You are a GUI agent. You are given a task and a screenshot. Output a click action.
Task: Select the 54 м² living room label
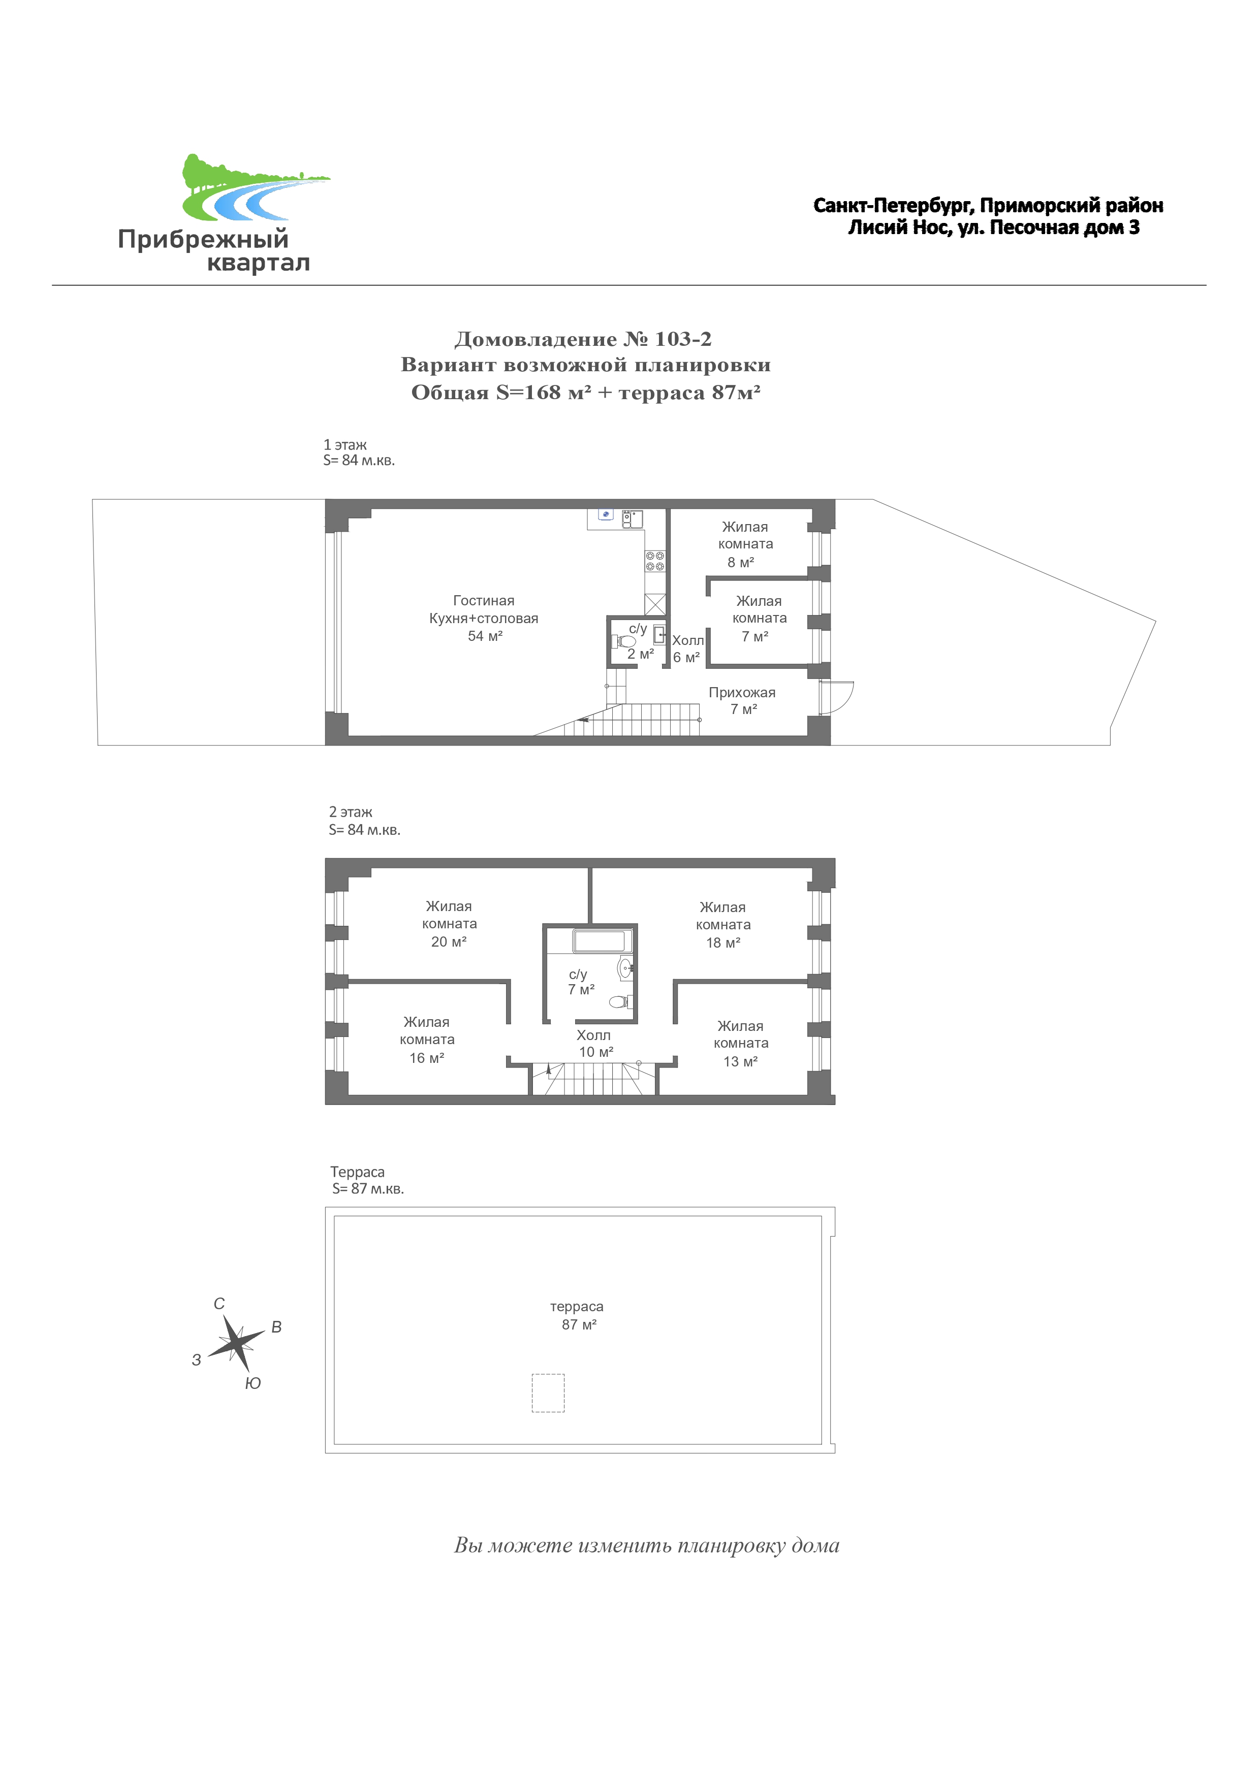[484, 618]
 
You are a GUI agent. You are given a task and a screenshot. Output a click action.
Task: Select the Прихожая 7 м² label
[742, 700]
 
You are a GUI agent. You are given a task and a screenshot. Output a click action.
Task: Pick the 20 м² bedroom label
[450, 924]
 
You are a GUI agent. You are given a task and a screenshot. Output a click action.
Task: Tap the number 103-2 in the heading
[683, 339]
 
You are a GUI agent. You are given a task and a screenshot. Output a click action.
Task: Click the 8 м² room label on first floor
[745, 544]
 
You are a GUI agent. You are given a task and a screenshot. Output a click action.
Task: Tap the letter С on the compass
[219, 1304]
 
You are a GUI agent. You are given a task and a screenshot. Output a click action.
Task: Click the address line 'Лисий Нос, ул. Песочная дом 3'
[994, 228]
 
